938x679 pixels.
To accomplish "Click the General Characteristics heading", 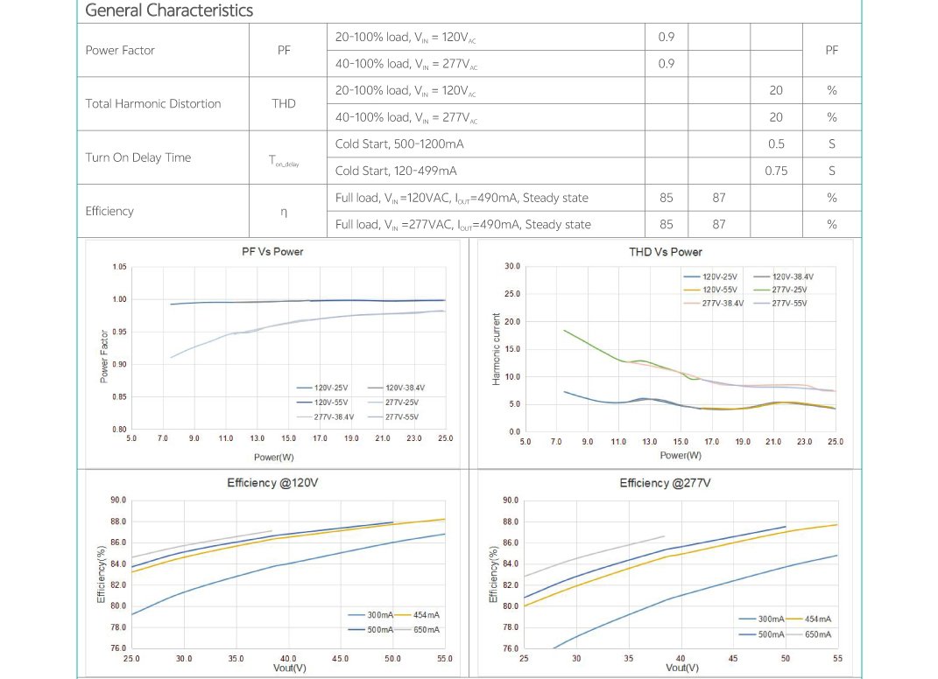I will pyautogui.click(x=169, y=10).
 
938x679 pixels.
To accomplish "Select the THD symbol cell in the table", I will pyautogui.click(x=284, y=103).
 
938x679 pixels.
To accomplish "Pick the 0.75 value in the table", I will pyautogui.click(x=776, y=171).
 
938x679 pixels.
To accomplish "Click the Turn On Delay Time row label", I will pyautogui.click(x=138, y=157).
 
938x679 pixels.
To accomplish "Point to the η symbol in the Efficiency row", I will pyautogui.click(x=284, y=212).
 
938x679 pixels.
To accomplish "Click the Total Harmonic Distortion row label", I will pyautogui.click(x=153, y=103).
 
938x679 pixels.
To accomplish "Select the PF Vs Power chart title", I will pyautogui.click(x=272, y=252).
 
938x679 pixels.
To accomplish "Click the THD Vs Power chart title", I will pyautogui.click(x=666, y=252).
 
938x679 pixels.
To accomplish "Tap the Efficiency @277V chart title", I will pyautogui.click(x=665, y=483).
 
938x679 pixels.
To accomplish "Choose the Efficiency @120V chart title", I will pyautogui.click(x=272, y=483).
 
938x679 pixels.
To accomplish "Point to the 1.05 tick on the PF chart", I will pyautogui.click(x=119, y=267).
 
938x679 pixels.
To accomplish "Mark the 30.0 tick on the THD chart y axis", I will pyautogui.click(x=512, y=266).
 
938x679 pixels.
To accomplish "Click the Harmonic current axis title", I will pyautogui.click(x=497, y=349).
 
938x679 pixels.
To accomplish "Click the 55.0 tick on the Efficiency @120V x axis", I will pyautogui.click(x=446, y=658).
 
